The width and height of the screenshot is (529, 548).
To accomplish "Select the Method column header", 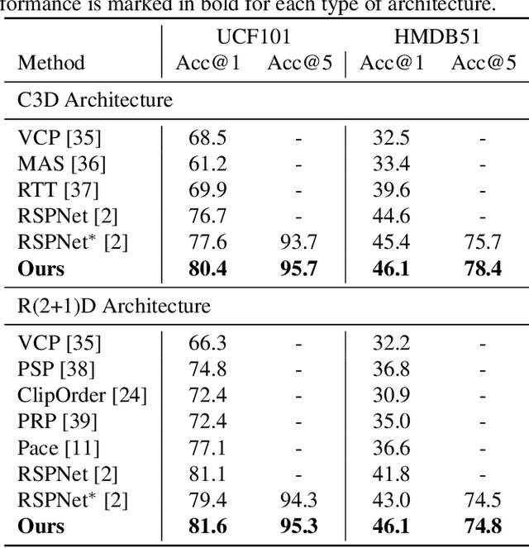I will click(51, 64).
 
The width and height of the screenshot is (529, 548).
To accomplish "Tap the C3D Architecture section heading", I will click(95, 100).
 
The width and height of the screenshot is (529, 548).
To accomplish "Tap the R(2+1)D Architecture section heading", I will click(114, 306).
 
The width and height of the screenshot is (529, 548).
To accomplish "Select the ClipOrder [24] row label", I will click(82, 396).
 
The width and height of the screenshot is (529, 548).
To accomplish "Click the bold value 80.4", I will click(207, 269).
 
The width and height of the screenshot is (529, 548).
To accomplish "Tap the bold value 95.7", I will click(298, 269).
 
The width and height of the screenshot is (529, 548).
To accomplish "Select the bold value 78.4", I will click(483, 269).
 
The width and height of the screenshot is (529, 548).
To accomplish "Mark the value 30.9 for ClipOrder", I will click(391, 396).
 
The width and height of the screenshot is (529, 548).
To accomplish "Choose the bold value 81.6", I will click(207, 526).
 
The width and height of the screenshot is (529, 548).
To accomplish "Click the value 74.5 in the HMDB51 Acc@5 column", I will click(483, 500).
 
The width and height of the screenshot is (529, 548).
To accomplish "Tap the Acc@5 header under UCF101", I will click(299, 64).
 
